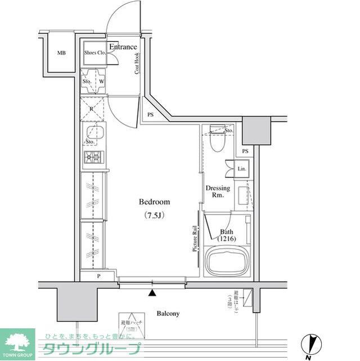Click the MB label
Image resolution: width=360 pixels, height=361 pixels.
pyautogui.click(x=61, y=54)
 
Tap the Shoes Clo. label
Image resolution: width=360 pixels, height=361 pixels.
pyautogui.click(x=94, y=53)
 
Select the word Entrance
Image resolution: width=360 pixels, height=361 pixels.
pyautogui.click(x=123, y=47)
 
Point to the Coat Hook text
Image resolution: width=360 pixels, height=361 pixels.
pyautogui.click(x=137, y=64)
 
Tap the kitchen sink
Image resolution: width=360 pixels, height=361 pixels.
pyautogui.click(x=93, y=133)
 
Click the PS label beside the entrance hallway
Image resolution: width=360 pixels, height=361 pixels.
pyautogui.click(x=150, y=115)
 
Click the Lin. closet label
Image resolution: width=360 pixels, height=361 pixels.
pyautogui.click(x=241, y=169)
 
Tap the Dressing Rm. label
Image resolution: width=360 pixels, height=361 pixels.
pyautogui.click(x=217, y=191)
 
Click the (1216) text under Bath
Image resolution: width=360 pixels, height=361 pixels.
pyautogui.click(x=227, y=239)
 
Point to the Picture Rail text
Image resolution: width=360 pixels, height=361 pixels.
pyautogui.click(x=195, y=238)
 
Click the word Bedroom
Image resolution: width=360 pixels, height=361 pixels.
pyautogui.click(x=154, y=202)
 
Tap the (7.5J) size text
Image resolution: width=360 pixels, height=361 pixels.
pyautogui.click(x=154, y=215)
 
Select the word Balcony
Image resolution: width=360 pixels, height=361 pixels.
pyautogui.click(x=168, y=313)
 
